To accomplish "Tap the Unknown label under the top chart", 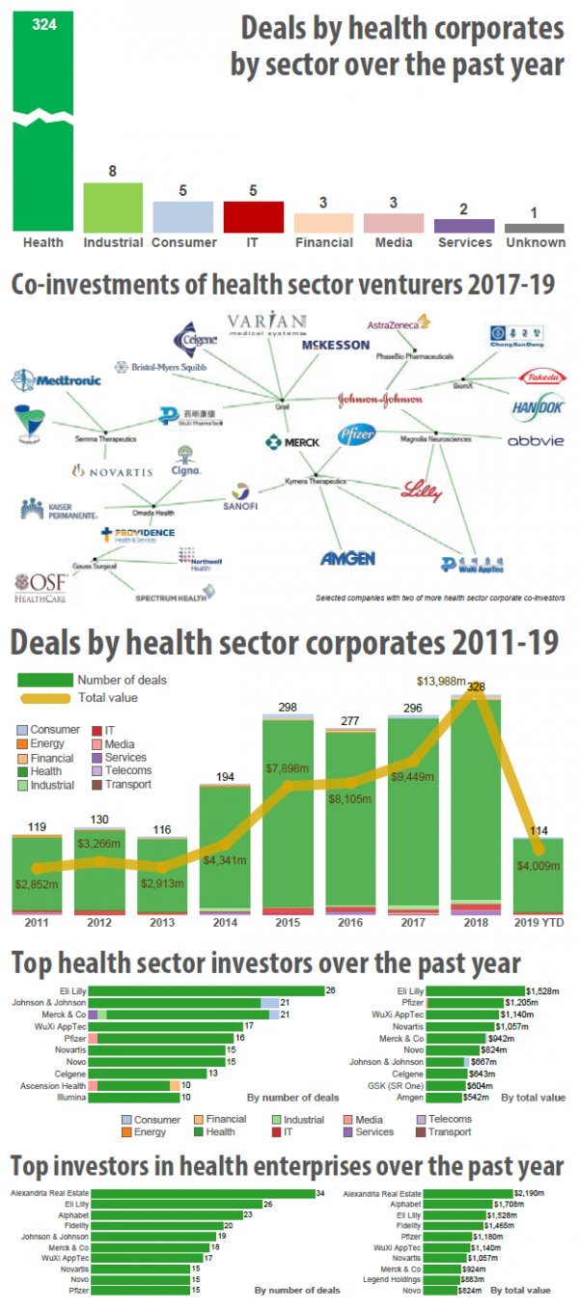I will click(535, 242).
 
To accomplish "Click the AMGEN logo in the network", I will click(347, 558).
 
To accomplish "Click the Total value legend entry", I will click(107, 697).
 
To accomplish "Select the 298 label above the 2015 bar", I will click(287, 709).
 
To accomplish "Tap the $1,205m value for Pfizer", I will click(543, 1003).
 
